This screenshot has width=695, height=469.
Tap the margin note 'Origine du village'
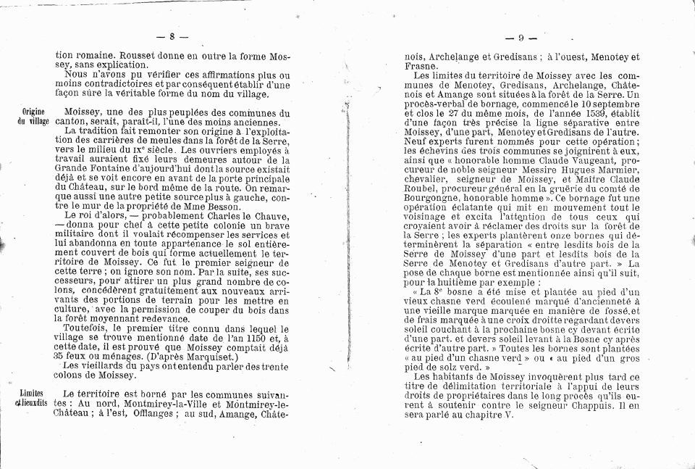coord(33,117)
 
